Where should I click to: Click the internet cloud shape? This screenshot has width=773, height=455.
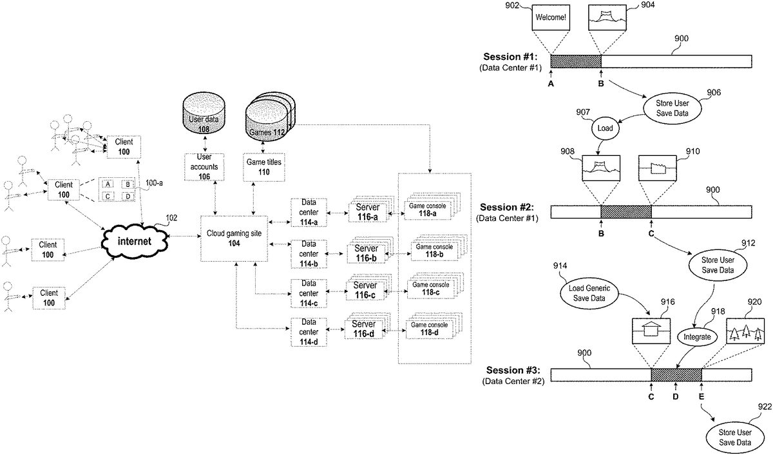pyautogui.click(x=135, y=241)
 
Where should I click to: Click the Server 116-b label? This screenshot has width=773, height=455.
pyautogui.click(x=367, y=253)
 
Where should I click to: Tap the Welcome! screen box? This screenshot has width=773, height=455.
pyautogui.click(x=549, y=18)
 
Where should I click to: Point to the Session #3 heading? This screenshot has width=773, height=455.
pyautogui.click(x=513, y=371)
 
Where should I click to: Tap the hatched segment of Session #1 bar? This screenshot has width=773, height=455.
pyautogui.click(x=575, y=61)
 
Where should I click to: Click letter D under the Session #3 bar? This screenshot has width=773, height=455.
pyautogui.click(x=675, y=396)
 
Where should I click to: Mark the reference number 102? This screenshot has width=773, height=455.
pyautogui.click(x=171, y=218)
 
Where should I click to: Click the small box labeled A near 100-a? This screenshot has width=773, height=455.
pyautogui.click(x=109, y=184)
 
